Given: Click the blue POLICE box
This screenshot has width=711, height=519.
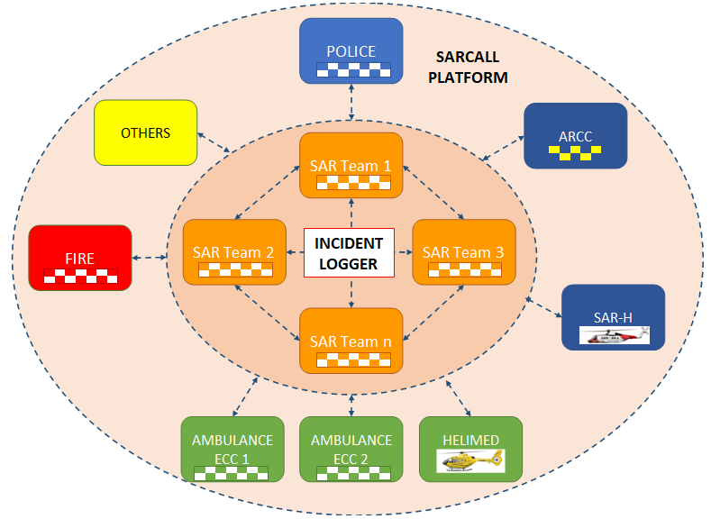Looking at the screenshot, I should click(x=351, y=52).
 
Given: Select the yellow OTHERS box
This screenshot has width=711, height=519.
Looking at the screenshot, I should click(x=145, y=132).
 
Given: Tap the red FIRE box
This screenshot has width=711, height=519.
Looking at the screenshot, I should click(x=79, y=258).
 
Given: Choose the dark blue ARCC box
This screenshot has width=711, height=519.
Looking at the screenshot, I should click(x=575, y=136).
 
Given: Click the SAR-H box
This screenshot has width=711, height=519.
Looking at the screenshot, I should click(x=613, y=317).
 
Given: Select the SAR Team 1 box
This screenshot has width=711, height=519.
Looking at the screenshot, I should click(x=351, y=165).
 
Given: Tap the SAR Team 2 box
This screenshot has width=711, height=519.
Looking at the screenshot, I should click(x=233, y=252).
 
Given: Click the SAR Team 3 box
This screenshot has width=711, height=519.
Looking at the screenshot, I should click(x=463, y=252).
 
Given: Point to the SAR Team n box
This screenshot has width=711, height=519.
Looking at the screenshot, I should click(x=351, y=341).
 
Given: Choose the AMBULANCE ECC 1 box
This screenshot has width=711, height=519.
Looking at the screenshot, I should click(x=232, y=449).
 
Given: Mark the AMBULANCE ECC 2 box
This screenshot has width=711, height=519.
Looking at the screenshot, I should click(x=351, y=449).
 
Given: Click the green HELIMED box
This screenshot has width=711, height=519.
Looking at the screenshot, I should click(x=470, y=449).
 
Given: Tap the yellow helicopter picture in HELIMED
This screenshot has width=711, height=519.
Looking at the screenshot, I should click(x=470, y=461).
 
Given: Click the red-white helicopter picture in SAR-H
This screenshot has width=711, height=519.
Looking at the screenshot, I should click(x=613, y=335).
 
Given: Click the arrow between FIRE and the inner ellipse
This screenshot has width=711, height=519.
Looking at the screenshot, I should click(x=150, y=259).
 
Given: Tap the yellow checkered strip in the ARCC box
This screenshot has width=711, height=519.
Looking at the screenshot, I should click(x=575, y=155).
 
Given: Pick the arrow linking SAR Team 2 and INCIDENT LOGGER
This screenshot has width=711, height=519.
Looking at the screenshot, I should click(x=294, y=253).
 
